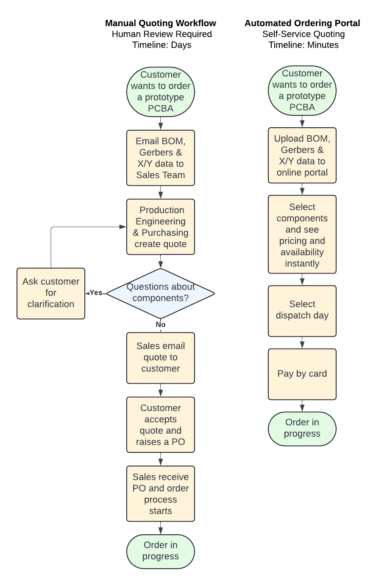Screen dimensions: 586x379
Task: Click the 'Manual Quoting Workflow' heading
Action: click(x=160, y=23)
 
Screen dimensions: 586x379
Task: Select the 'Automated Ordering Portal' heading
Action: click(x=302, y=23)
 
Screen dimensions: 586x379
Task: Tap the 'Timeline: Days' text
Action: click(x=162, y=45)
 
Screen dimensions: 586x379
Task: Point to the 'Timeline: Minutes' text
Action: click(x=303, y=45)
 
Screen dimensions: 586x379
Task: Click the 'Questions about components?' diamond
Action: click(x=160, y=293)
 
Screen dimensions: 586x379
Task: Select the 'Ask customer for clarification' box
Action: click(x=51, y=293)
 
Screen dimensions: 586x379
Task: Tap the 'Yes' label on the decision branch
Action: click(x=96, y=293)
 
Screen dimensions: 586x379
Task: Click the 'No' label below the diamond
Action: click(x=160, y=324)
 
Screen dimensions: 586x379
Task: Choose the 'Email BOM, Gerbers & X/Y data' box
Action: click(x=160, y=158)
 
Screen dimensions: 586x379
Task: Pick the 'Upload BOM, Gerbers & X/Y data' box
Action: click(x=302, y=155)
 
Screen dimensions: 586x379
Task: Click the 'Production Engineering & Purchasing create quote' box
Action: click(x=160, y=227)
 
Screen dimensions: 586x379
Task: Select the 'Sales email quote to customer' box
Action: click(x=160, y=357)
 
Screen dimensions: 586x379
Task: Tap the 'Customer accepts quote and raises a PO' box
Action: click(x=160, y=424)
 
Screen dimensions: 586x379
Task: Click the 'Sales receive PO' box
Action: click(x=160, y=494)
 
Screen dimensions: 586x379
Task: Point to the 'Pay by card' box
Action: click(x=302, y=374)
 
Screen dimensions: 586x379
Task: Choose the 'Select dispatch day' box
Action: click(x=302, y=310)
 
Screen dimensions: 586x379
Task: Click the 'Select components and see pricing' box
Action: click(x=302, y=234)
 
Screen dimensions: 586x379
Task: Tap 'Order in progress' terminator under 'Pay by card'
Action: click(x=302, y=428)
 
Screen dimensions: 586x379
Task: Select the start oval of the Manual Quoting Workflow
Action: click(x=160, y=92)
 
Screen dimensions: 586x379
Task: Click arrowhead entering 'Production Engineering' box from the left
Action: click(x=123, y=227)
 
